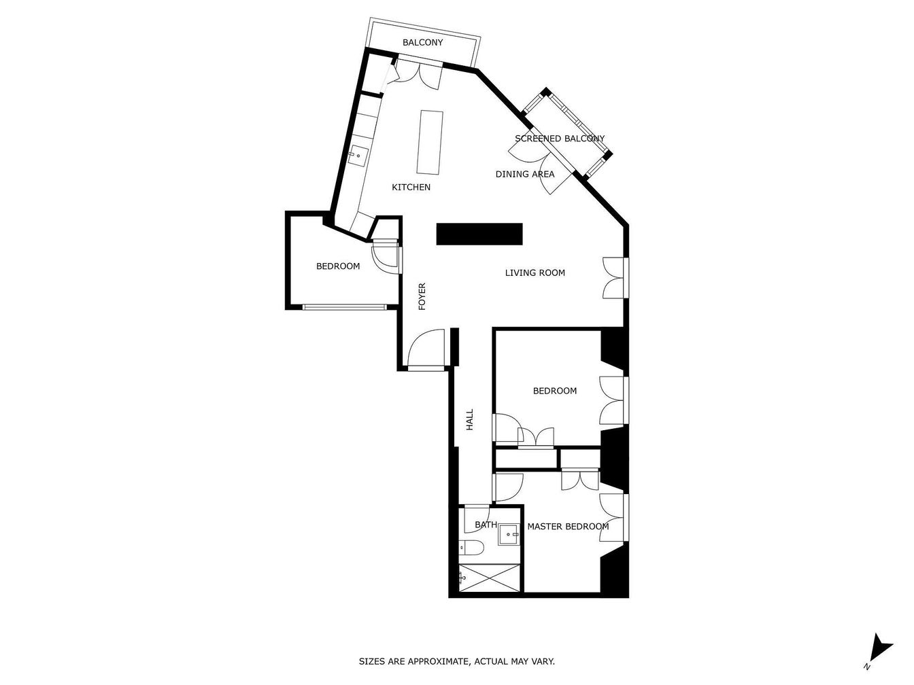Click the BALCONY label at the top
click(x=422, y=42)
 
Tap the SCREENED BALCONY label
click(x=559, y=139)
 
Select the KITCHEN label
click(x=411, y=188)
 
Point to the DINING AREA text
click(x=524, y=174)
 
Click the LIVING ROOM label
click(x=535, y=273)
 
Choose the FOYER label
click(x=422, y=296)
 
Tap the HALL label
click(x=470, y=419)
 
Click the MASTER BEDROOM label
click(x=568, y=527)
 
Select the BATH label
click(x=486, y=525)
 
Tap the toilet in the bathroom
click(x=471, y=548)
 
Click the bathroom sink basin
click(x=509, y=533)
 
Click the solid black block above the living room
click(x=479, y=234)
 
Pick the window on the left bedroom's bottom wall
click(x=344, y=307)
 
